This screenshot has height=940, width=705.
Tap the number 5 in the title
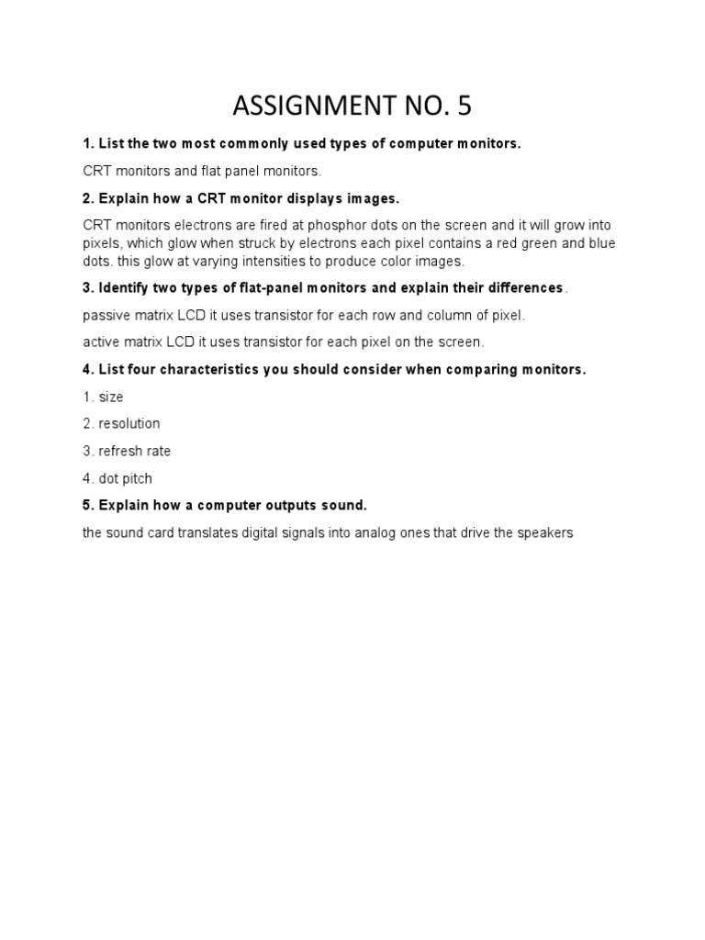tap(463, 107)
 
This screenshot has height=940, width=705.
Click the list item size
tap(111, 397)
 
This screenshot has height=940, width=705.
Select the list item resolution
tap(129, 424)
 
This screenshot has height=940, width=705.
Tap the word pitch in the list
tap(136, 478)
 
